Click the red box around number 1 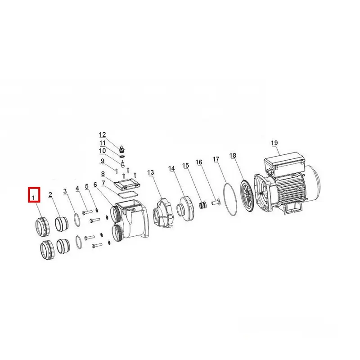click(28, 195)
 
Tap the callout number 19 click(274, 143)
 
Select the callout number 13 click(151, 172)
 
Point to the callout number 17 click(216, 159)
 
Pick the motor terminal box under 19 click(284, 160)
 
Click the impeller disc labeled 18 click(247, 195)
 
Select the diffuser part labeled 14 click(185, 208)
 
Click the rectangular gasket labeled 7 click(128, 194)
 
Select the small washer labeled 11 click(122, 156)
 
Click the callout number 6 click(95, 184)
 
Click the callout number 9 click(103, 161)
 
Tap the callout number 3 click(65, 191)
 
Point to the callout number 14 click(171, 168)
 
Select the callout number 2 click(50, 195)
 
